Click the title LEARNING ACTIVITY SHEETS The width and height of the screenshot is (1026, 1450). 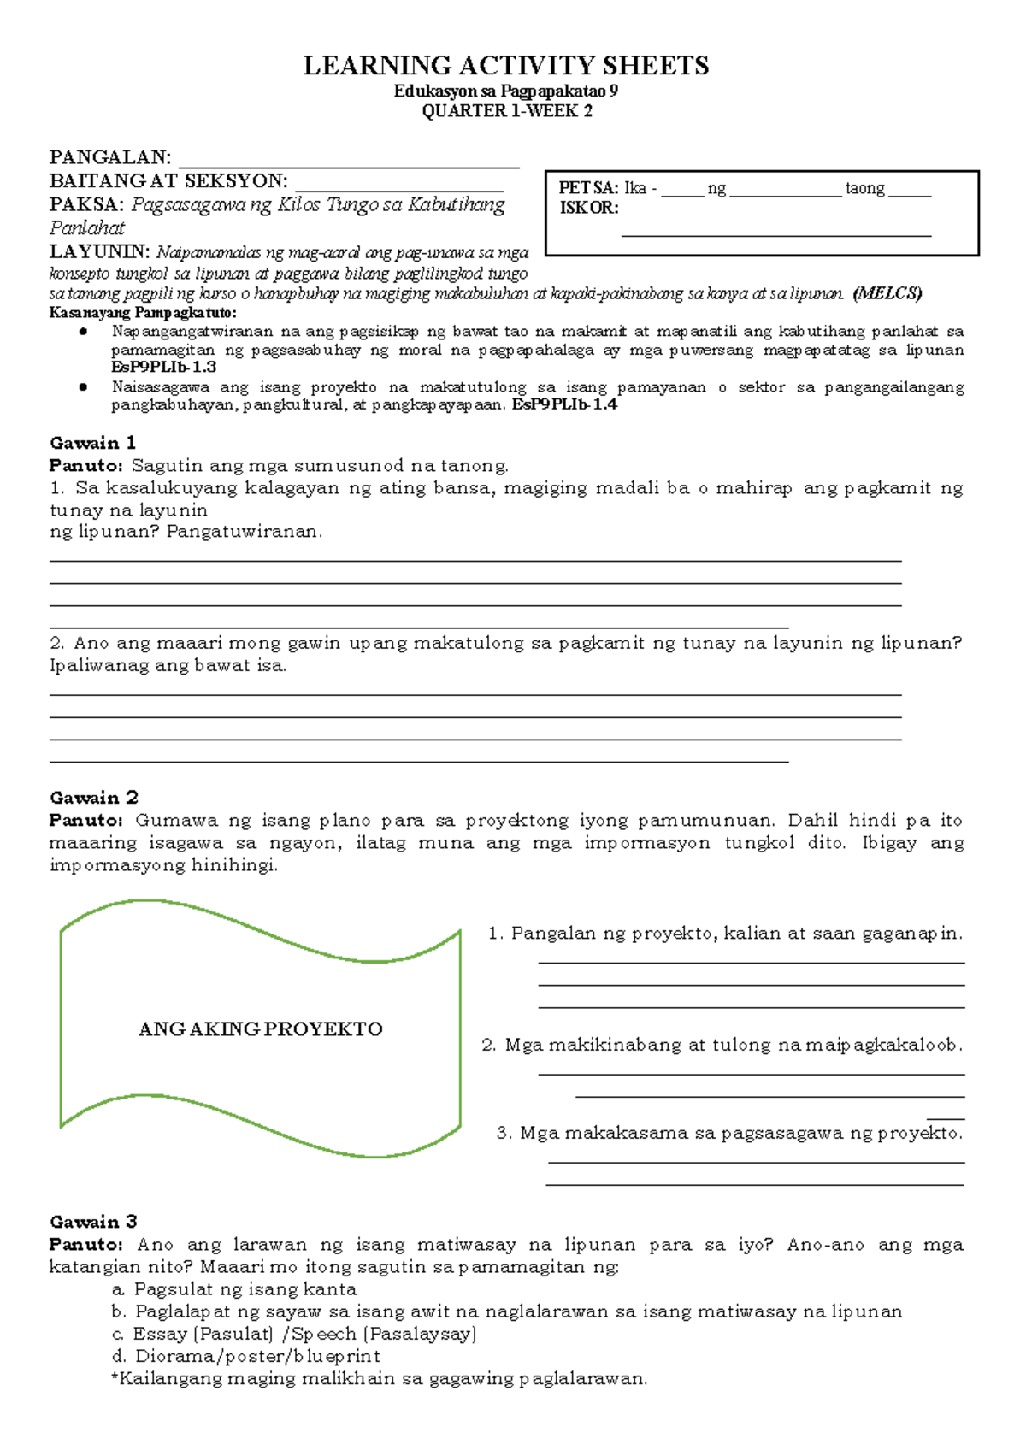click(506, 66)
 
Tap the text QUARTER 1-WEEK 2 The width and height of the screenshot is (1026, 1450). click(506, 111)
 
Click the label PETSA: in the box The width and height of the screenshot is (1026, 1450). click(588, 189)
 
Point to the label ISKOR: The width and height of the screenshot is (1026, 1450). click(588, 208)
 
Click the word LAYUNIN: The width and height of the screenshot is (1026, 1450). click(99, 252)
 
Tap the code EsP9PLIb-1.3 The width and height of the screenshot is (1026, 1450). click(163, 367)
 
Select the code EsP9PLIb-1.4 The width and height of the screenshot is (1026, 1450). click(564, 404)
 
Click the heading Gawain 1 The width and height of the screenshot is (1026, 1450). click(92, 443)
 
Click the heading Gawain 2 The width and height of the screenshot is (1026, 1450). click(93, 798)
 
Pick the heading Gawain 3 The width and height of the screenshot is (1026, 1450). click(93, 1222)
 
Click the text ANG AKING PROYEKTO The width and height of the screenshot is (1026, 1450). click(260, 1029)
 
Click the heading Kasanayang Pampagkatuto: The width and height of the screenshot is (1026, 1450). click(142, 312)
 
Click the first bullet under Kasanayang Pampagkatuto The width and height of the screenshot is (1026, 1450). click(83, 332)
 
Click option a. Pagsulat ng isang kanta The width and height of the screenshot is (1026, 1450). click(233, 1289)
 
